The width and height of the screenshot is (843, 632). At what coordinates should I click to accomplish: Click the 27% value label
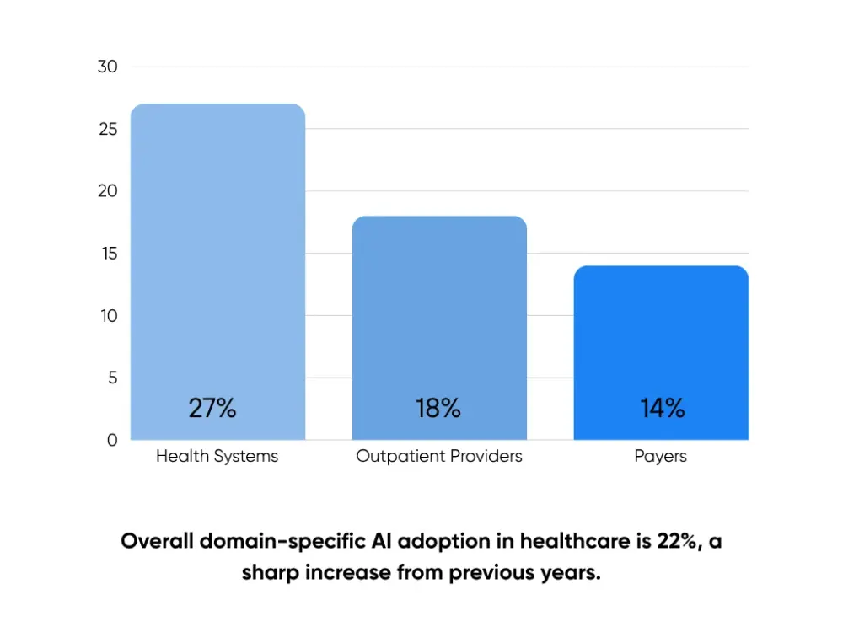pyautogui.click(x=212, y=409)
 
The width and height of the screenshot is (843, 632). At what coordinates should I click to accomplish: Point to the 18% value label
pyautogui.click(x=438, y=409)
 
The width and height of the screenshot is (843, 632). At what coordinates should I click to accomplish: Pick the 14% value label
pyautogui.click(x=662, y=409)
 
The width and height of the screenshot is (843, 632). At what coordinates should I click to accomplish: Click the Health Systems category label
pyautogui.click(x=217, y=457)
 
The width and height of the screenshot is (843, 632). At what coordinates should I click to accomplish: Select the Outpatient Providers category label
pyautogui.click(x=439, y=457)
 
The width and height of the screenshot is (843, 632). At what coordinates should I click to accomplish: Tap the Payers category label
pyautogui.click(x=661, y=457)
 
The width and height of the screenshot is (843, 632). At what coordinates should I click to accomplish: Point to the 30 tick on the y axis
pyautogui.click(x=107, y=67)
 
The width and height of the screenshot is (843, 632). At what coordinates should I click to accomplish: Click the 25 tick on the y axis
pyautogui.click(x=107, y=130)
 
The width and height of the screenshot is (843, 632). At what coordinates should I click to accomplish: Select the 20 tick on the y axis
pyautogui.click(x=107, y=191)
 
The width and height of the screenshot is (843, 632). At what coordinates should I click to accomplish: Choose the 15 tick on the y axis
pyautogui.click(x=107, y=254)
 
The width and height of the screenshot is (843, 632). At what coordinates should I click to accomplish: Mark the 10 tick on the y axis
pyautogui.click(x=107, y=316)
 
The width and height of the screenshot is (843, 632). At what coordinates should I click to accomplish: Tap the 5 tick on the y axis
pyautogui.click(x=112, y=378)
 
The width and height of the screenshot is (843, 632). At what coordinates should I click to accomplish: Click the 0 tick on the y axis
pyautogui.click(x=112, y=440)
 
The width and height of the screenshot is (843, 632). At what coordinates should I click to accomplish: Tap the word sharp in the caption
pyautogui.click(x=271, y=573)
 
